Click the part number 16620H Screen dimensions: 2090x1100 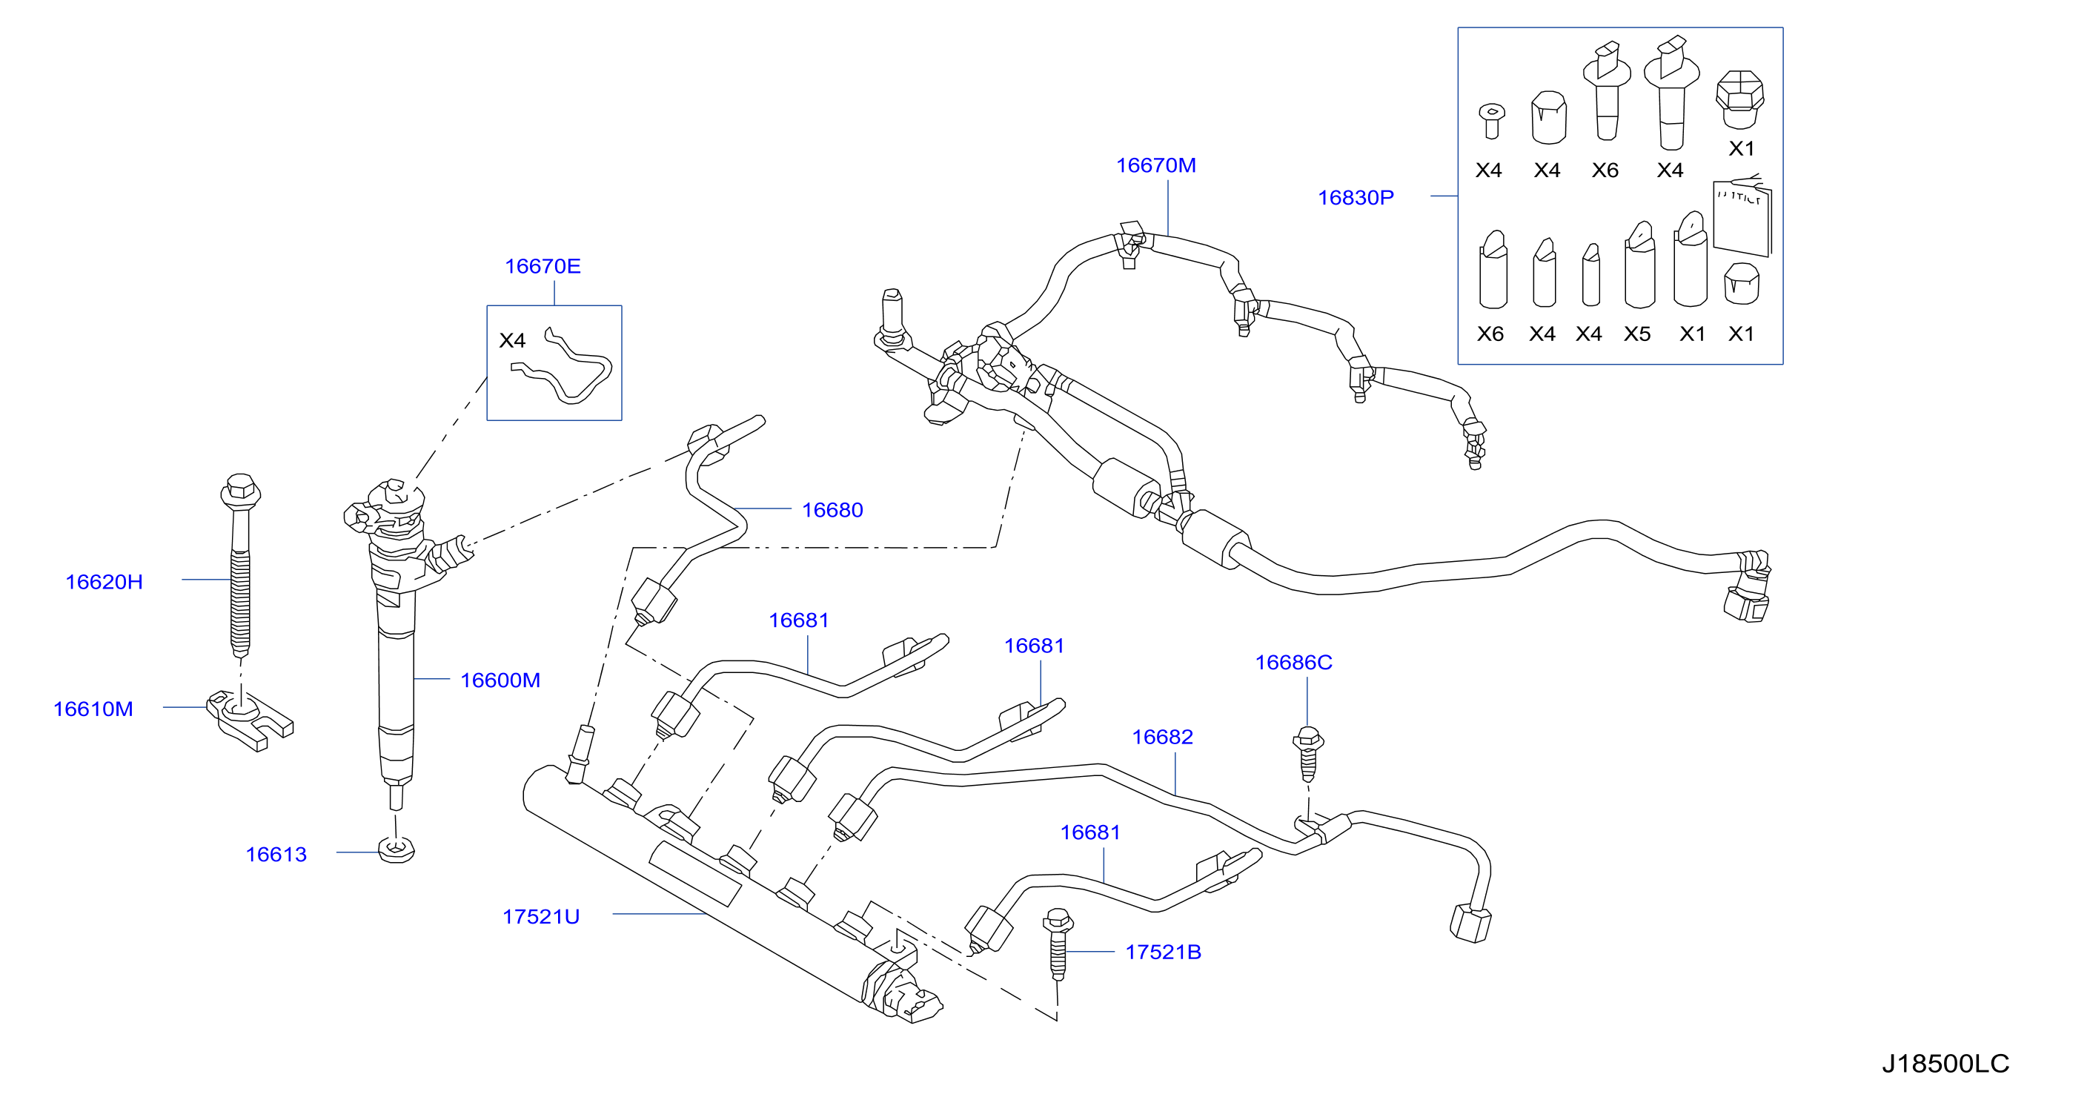[x=104, y=582]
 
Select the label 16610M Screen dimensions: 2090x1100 [x=93, y=709]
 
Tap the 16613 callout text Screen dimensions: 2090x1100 [x=276, y=854]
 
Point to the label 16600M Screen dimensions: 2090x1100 [x=500, y=680]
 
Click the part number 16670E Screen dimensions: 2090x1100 [x=543, y=266]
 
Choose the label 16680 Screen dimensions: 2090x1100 [x=832, y=510]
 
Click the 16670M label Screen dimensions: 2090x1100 [x=1156, y=165]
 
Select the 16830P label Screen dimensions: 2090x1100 [x=1356, y=198]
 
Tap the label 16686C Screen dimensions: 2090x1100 [x=1294, y=663]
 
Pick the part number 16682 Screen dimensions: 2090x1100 [x=1163, y=738]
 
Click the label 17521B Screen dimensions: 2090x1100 [x=1164, y=952]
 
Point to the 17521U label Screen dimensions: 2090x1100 [x=541, y=917]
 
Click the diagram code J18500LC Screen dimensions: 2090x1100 [x=1945, y=1064]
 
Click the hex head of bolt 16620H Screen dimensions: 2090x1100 [x=240, y=490]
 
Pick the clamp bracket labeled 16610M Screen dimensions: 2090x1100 [x=249, y=720]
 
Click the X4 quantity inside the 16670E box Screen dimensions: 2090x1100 [x=512, y=341]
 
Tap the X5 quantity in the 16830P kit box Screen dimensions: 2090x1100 [x=1637, y=334]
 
